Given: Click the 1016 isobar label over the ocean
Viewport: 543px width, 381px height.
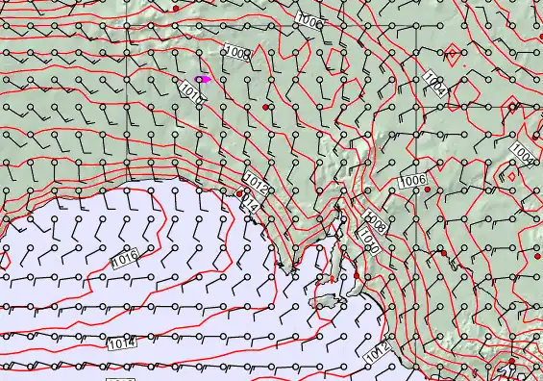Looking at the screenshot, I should (x=124, y=259).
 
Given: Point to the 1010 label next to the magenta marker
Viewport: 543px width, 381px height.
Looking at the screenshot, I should (x=191, y=90).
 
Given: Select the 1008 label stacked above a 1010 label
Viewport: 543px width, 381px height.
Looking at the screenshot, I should (x=375, y=225).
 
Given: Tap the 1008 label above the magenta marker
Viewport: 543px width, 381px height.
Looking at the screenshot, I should (x=235, y=53).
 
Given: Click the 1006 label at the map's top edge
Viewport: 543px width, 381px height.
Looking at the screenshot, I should (x=309, y=21).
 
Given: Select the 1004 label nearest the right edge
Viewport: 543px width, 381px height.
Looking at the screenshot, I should (x=523, y=153).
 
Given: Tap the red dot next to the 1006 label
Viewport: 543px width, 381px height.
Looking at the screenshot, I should (x=428, y=190).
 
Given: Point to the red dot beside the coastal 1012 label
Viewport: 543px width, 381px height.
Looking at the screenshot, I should (x=239, y=193).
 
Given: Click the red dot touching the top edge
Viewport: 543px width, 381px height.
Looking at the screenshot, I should (x=175, y=7).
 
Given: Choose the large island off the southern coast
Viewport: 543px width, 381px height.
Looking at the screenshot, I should (x=328, y=300).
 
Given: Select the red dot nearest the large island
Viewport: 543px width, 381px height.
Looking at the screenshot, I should (x=356, y=276).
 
